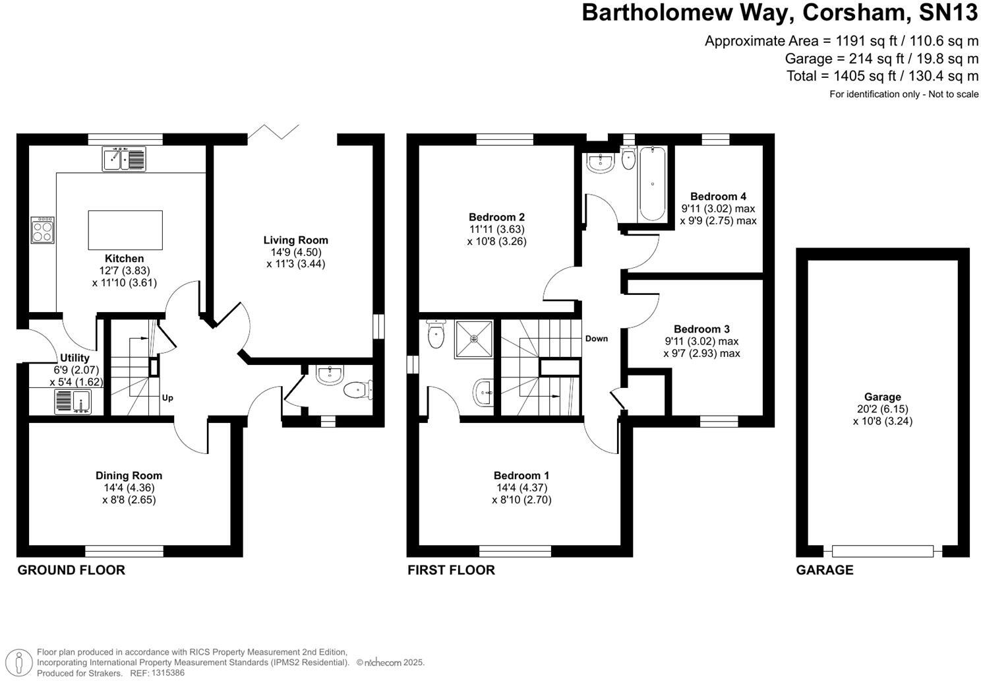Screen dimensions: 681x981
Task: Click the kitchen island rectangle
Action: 125,230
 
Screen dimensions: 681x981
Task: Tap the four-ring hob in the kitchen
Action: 42,230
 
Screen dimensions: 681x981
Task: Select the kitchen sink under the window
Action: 124,159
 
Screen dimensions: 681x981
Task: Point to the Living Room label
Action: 295,240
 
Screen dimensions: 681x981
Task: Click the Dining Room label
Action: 129,475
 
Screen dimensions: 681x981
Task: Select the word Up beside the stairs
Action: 167,398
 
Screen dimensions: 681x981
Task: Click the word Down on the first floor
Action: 596,339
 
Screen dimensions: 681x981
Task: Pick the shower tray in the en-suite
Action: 473,339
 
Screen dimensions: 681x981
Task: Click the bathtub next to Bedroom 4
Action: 652,183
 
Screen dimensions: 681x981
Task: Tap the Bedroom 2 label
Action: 496,217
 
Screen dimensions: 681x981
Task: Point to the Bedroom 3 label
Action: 701,329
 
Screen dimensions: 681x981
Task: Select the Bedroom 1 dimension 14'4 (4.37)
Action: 521,488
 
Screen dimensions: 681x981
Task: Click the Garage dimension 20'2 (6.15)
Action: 882,409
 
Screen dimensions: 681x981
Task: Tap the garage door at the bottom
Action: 883,551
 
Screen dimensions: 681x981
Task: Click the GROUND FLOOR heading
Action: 71,570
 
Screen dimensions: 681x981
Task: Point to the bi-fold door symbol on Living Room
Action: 274,131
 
